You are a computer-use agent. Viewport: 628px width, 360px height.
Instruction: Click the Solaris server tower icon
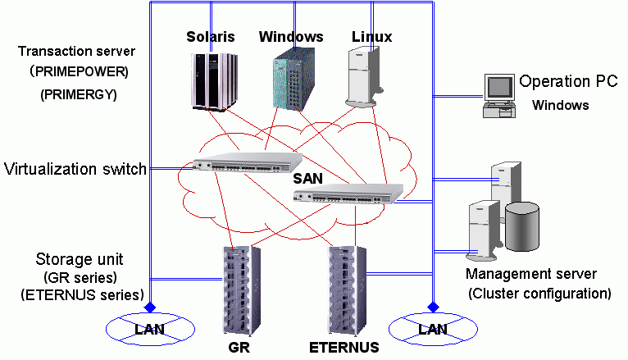(x=211, y=80)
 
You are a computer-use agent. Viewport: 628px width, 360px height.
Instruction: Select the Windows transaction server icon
(x=290, y=79)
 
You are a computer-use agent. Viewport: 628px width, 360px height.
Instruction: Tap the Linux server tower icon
(x=363, y=78)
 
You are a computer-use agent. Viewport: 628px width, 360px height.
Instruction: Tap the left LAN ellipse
(x=149, y=330)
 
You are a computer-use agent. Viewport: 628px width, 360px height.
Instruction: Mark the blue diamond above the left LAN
(x=149, y=308)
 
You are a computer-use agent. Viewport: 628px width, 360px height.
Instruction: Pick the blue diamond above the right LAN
(x=433, y=308)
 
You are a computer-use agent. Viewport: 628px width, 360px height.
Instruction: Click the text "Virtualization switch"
(x=75, y=170)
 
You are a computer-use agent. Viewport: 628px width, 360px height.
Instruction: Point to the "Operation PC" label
(x=568, y=82)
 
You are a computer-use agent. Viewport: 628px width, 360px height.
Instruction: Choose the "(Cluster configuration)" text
(x=539, y=293)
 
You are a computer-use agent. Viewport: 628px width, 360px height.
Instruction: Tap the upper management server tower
(x=506, y=184)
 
